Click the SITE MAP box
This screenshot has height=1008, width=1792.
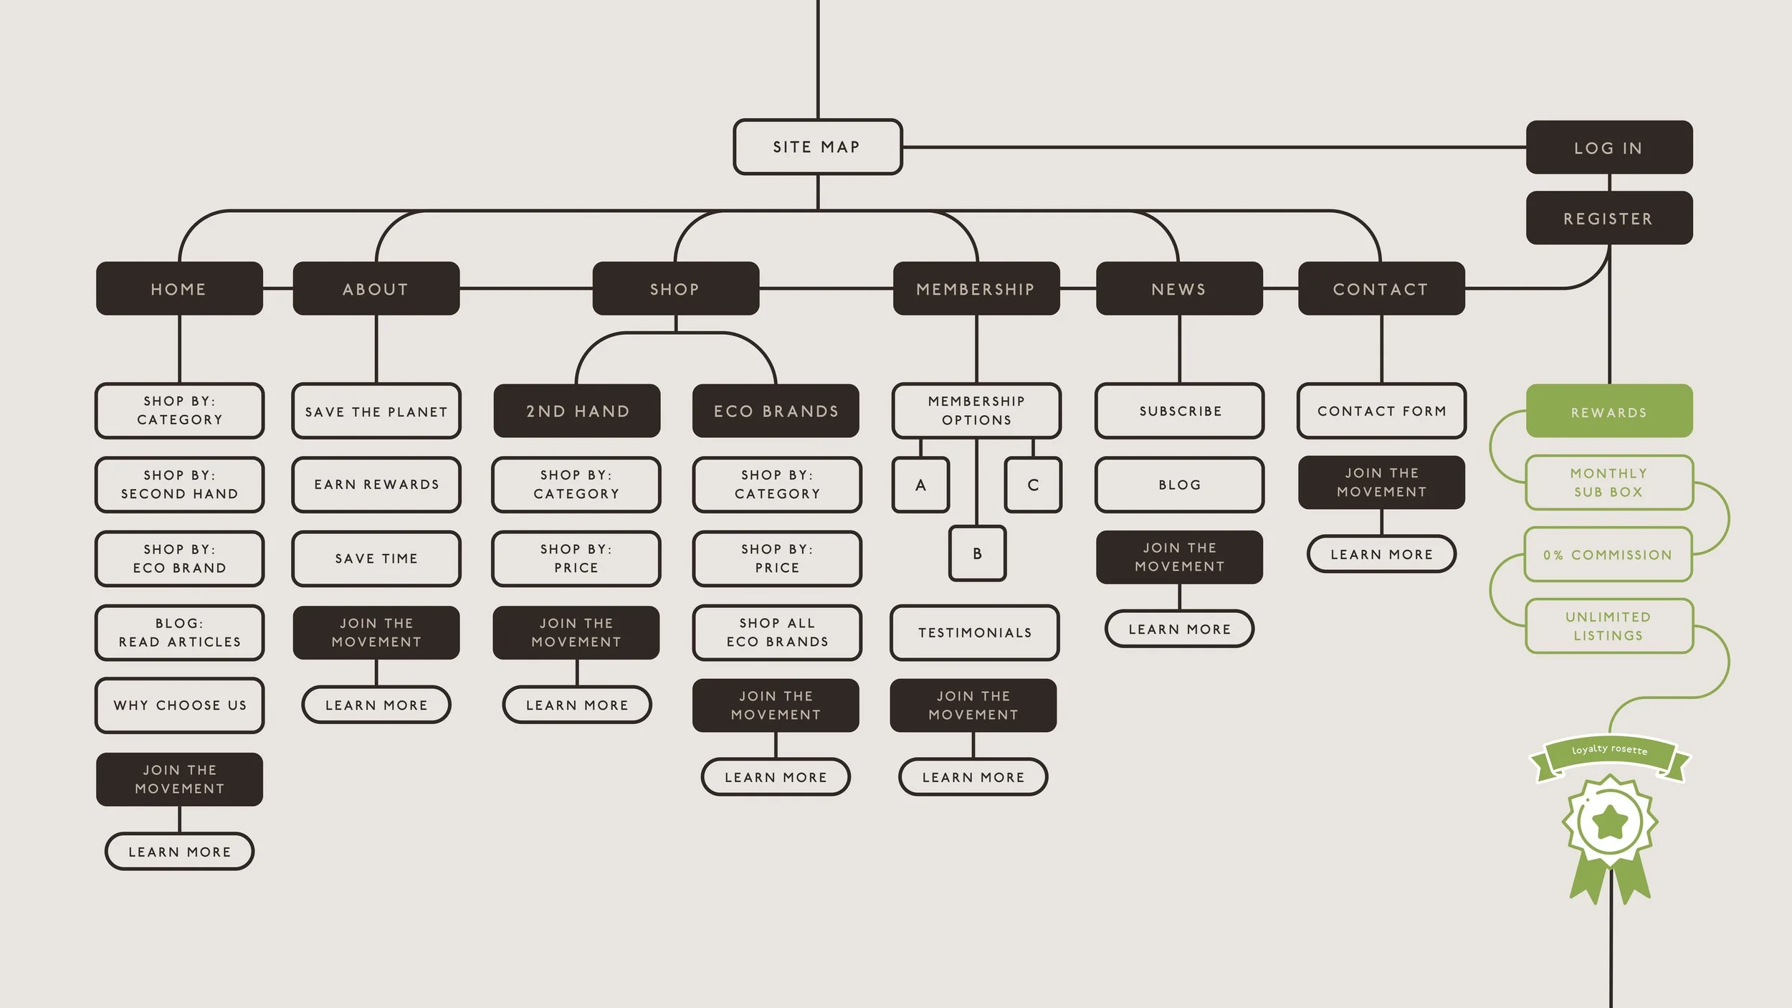[x=817, y=147]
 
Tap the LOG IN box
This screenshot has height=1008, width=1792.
[x=1609, y=147]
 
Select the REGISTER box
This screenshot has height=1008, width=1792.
[x=1609, y=218]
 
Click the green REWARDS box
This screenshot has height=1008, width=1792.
[x=1609, y=412]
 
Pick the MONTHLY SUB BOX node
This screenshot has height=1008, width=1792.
[x=1609, y=482]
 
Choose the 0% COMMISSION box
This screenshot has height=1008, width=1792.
[x=1608, y=554]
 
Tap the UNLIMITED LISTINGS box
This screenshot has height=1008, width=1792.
[x=1609, y=626]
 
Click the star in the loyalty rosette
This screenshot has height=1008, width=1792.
[x=1610, y=822]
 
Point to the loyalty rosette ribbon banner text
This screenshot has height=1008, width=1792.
[x=1610, y=749]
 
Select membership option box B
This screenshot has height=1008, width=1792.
[x=977, y=553]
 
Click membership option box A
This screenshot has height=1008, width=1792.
[x=920, y=485]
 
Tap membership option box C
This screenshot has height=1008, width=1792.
[x=1033, y=485]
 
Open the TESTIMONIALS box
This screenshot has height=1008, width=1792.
[x=975, y=632]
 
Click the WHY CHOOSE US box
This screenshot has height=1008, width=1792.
[x=180, y=705]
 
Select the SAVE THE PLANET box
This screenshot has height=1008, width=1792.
[x=376, y=412]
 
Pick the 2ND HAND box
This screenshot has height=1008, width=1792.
[x=577, y=411]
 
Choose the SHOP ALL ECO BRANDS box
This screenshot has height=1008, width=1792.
[x=777, y=632]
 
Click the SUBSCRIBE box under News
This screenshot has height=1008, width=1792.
[x=1180, y=411]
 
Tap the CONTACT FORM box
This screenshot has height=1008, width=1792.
[x=1382, y=411]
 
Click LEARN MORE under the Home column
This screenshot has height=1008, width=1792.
[x=180, y=852]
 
